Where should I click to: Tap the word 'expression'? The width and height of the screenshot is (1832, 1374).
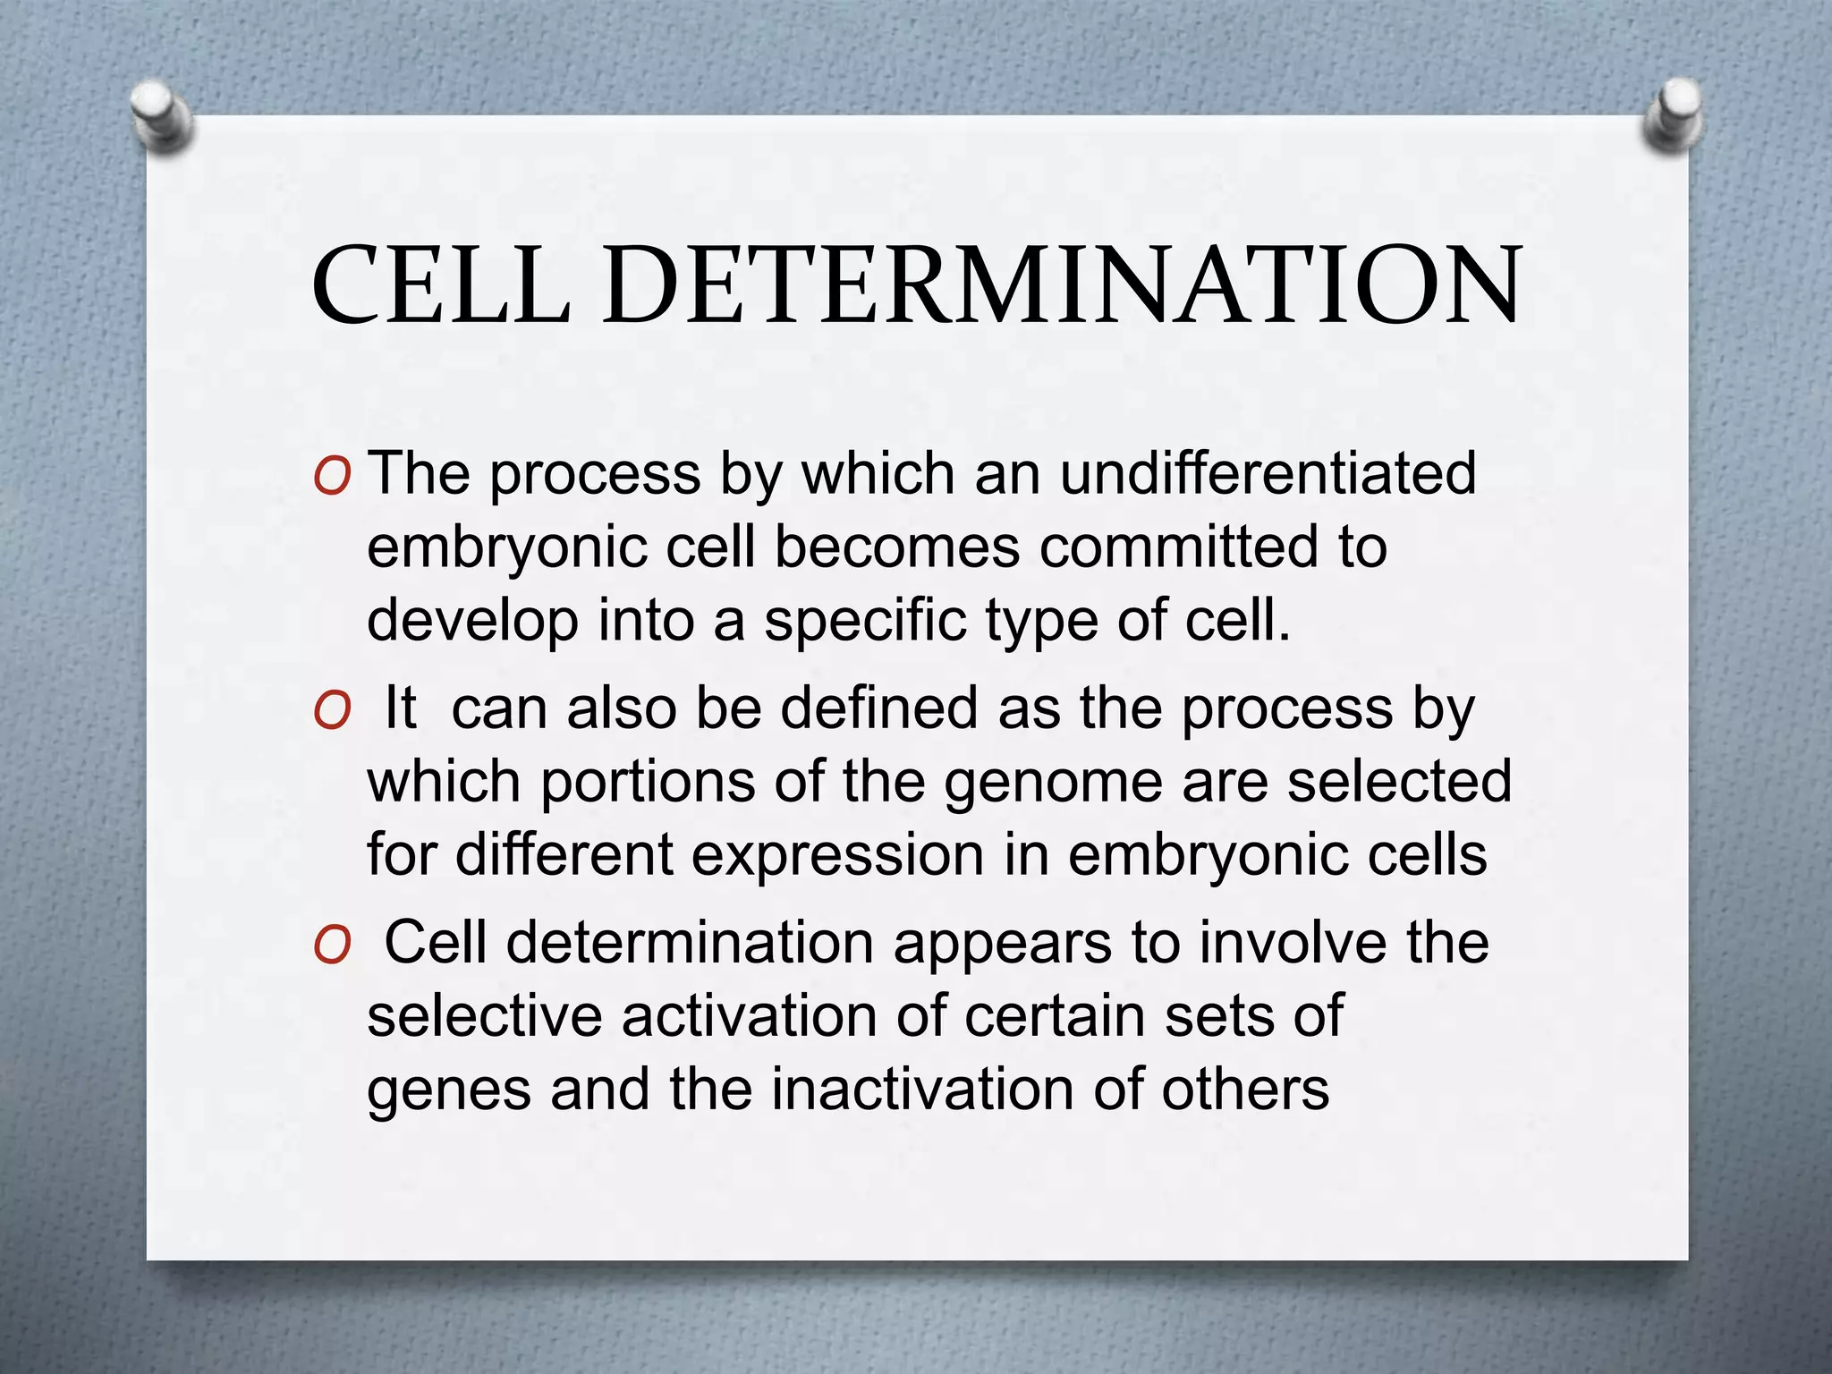pyautogui.click(x=837, y=855)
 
